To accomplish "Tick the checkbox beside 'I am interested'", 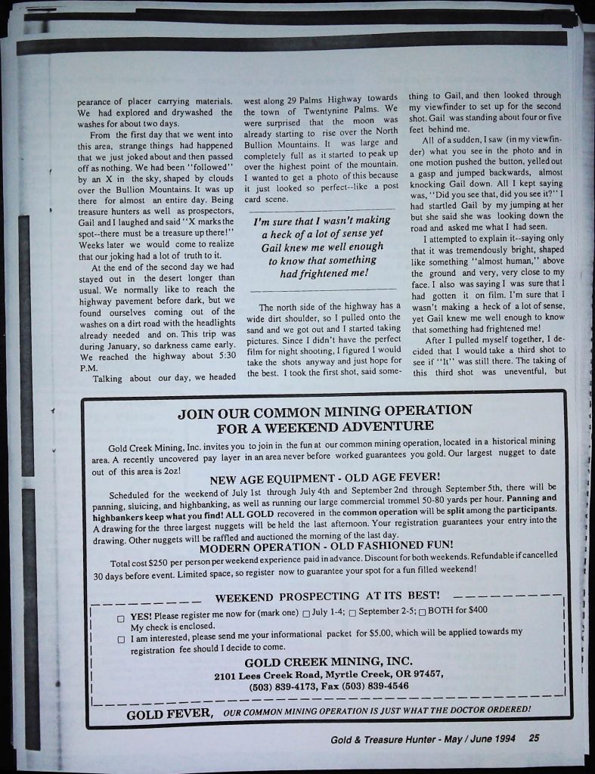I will [x=120, y=639].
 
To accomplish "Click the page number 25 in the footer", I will [x=535, y=738].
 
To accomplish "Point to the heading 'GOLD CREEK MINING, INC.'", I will [x=328, y=662].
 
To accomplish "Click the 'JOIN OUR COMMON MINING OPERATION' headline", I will [x=324, y=412].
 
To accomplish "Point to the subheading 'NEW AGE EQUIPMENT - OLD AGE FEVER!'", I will [x=324, y=478].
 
